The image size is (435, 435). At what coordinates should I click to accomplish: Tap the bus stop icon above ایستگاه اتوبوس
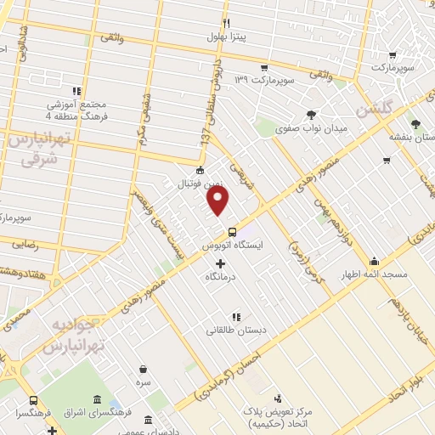pos(232,232)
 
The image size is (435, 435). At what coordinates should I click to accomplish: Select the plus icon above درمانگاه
pos(221,264)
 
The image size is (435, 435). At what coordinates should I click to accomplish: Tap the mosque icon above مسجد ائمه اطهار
pos(374,262)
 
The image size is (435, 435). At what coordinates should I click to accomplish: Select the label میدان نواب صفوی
pos(314,127)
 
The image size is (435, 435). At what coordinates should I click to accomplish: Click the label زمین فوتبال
pos(198,183)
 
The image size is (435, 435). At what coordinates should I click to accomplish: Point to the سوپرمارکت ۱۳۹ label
pos(263,80)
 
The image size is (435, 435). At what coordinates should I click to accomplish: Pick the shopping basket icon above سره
pos(142,370)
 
